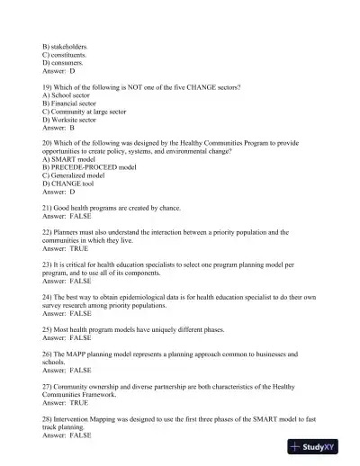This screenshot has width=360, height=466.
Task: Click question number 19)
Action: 48,86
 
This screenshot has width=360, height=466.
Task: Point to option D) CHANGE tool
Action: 71,184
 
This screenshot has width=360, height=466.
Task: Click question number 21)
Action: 48,208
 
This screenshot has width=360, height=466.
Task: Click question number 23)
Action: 48,264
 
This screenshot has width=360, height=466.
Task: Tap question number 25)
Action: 48,328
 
